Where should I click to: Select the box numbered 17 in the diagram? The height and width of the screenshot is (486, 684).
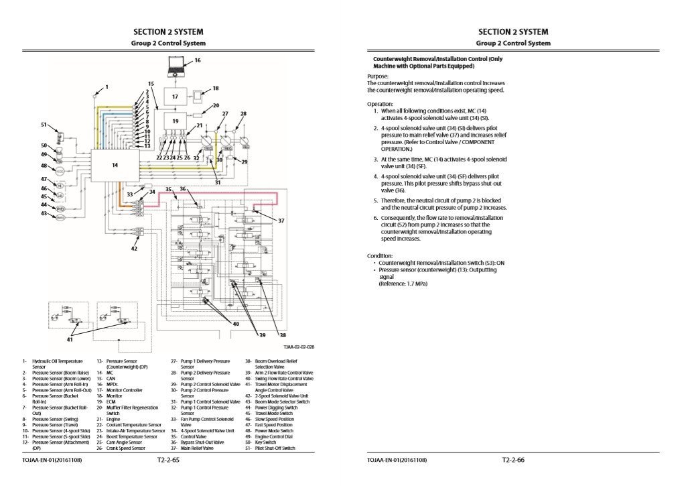tap(175, 97)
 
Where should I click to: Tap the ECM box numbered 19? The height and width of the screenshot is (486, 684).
tap(175, 121)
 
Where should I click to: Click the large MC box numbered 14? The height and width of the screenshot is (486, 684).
tap(115, 165)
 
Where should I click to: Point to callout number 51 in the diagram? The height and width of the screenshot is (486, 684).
tap(44, 125)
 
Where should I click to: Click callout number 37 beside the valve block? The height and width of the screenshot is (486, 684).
tap(281, 221)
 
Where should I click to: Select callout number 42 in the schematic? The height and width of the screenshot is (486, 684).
tap(134, 249)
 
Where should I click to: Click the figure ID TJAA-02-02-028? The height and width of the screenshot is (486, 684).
tap(298, 347)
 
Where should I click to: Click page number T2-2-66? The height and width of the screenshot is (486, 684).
tap(513, 461)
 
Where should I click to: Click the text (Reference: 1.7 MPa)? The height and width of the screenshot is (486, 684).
tap(403, 284)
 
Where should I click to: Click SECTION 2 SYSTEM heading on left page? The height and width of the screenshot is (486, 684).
tap(168, 32)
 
